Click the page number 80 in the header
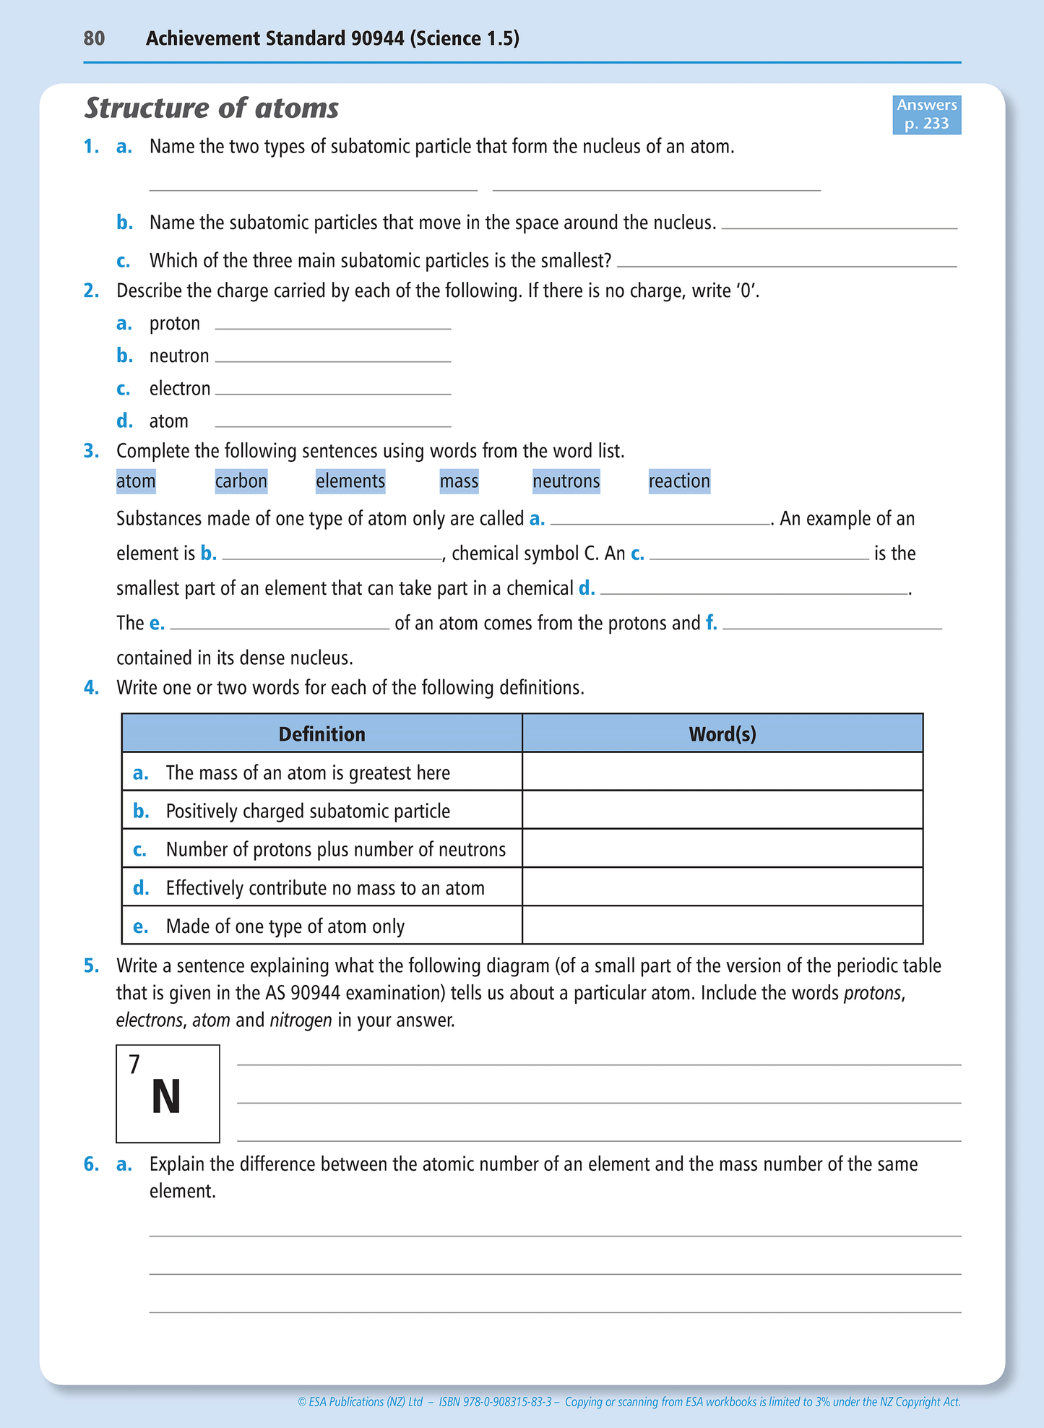coord(94,38)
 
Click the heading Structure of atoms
coord(212,108)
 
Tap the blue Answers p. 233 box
coord(926,115)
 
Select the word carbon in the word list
coord(241,481)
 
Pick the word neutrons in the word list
coord(566,481)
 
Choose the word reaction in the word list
coord(679,481)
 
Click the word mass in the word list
coord(459,481)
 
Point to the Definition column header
coord(322,734)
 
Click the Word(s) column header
coord(722,734)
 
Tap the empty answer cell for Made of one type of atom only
coord(722,926)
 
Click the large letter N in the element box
coord(166,1098)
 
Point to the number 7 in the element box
coord(134,1064)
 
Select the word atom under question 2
coord(168,421)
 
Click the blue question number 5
coord(91,966)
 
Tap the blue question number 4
coord(91,688)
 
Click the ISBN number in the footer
coord(495,1402)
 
